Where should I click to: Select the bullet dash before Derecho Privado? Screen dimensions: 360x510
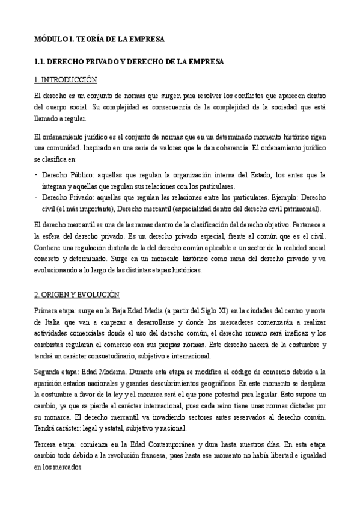37,197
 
